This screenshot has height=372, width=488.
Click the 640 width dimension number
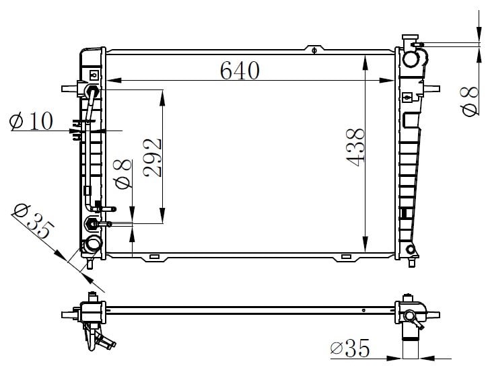pos(240,70)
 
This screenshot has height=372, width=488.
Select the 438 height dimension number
pos(355,147)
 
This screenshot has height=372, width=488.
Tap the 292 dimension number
pos(153,157)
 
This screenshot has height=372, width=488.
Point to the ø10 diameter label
pos(31,121)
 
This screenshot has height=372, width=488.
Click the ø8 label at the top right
pos(468,102)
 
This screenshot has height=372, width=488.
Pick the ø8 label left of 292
pos(123,174)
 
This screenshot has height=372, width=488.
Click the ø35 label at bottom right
pos(350,348)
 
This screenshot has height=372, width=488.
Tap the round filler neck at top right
pos(411,59)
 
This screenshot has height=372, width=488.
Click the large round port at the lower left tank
pos(93,244)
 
